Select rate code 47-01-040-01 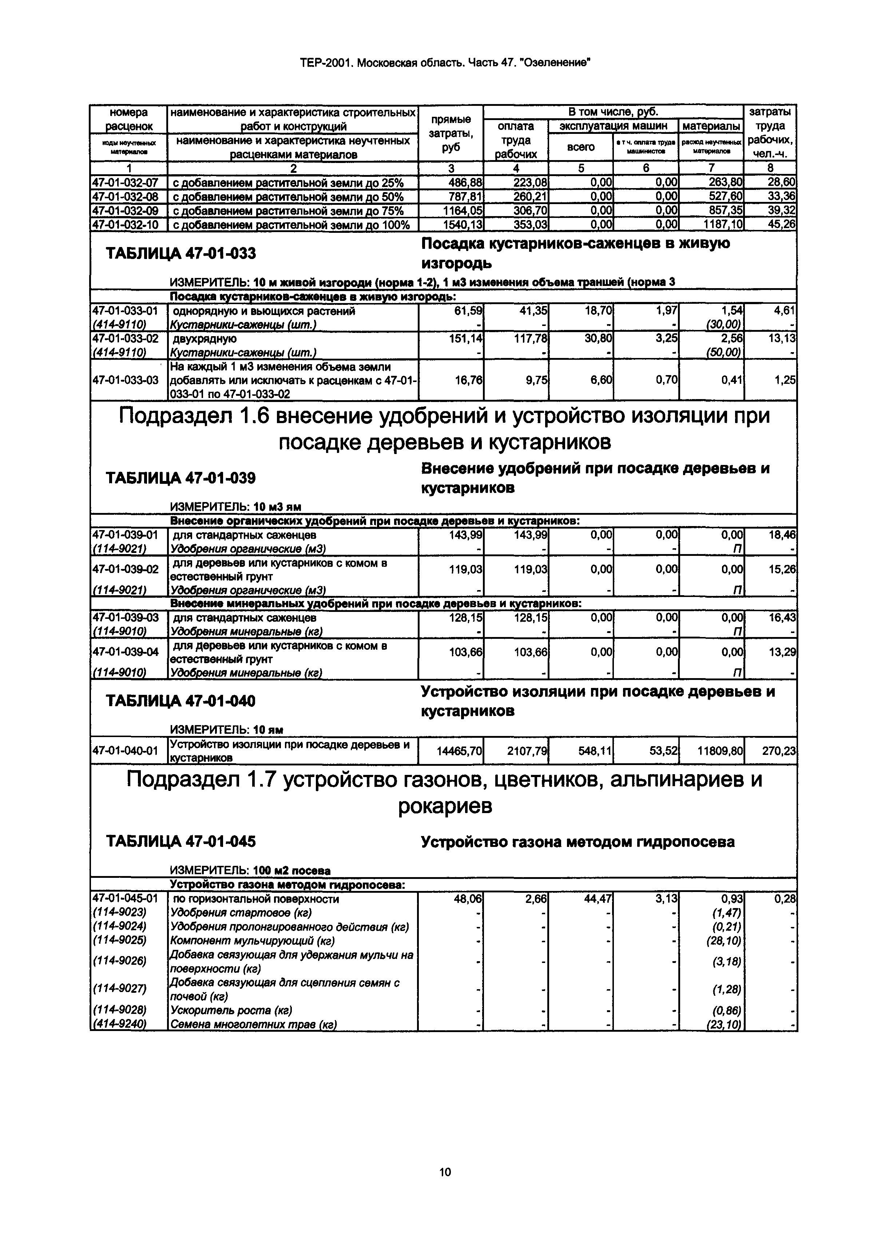[126, 751]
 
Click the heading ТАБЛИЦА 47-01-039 [181, 478]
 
